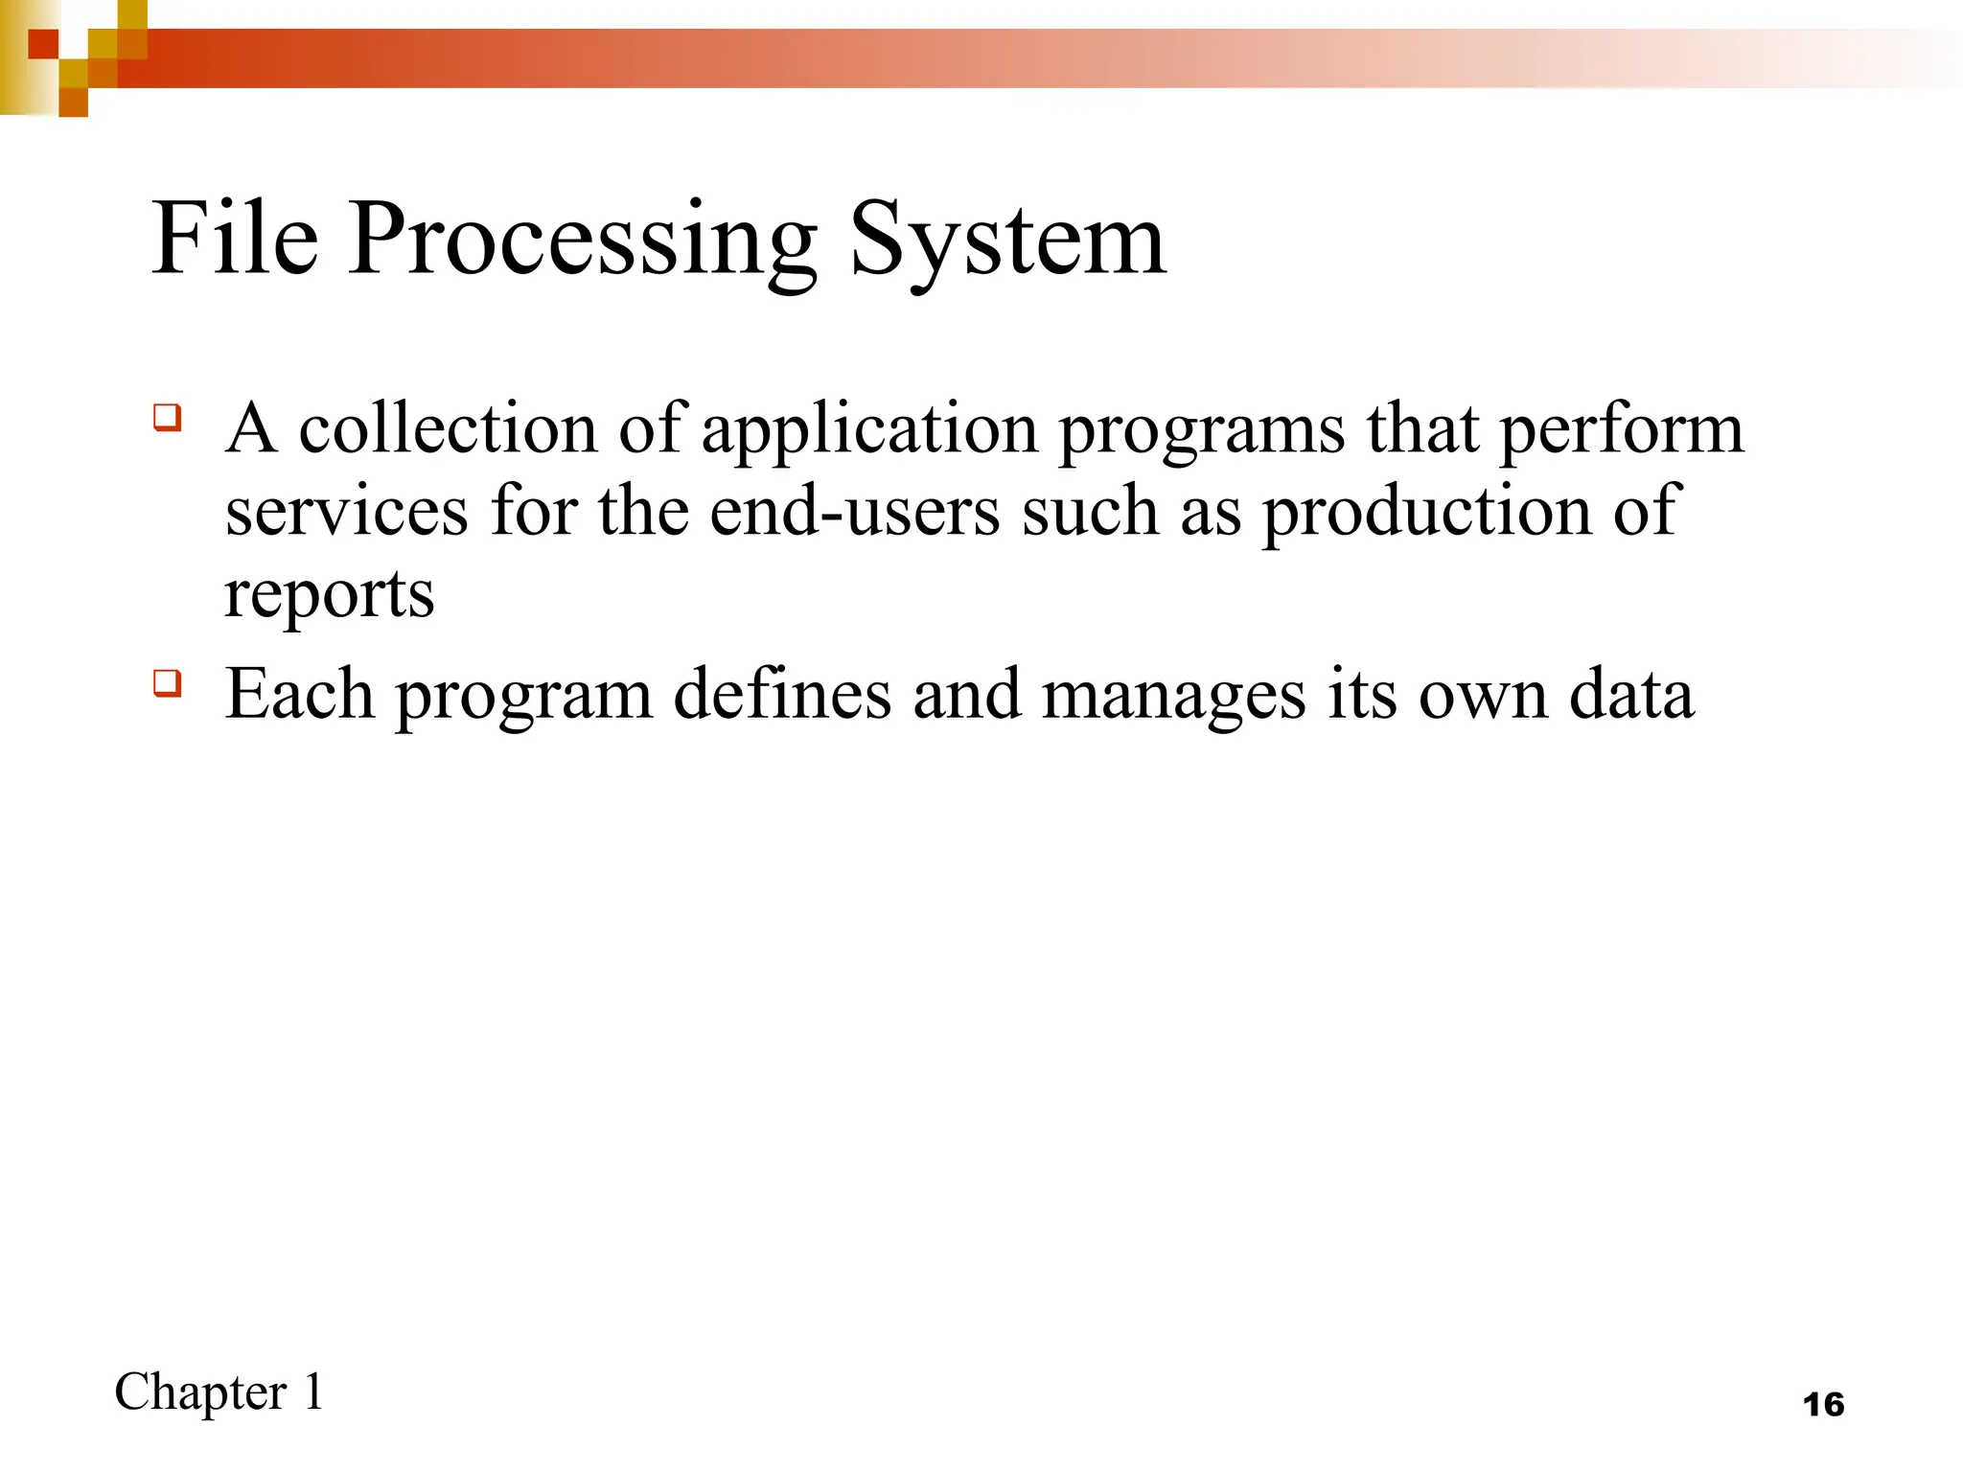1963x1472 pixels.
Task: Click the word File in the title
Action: coord(235,240)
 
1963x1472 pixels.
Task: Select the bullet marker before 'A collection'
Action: coord(167,419)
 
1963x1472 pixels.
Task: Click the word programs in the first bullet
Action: coord(1201,430)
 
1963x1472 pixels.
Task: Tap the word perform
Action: coord(1621,430)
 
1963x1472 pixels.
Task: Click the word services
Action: coord(346,512)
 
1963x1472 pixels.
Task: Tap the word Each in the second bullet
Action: coord(299,694)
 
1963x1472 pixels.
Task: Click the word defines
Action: coord(782,694)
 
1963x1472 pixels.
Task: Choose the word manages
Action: coord(1173,696)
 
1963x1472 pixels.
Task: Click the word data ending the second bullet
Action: coord(1630,694)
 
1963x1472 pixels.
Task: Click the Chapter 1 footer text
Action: coord(219,1392)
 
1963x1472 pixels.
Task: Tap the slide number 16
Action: coord(1823,1405)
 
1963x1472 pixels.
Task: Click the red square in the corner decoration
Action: coord(42,44)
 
